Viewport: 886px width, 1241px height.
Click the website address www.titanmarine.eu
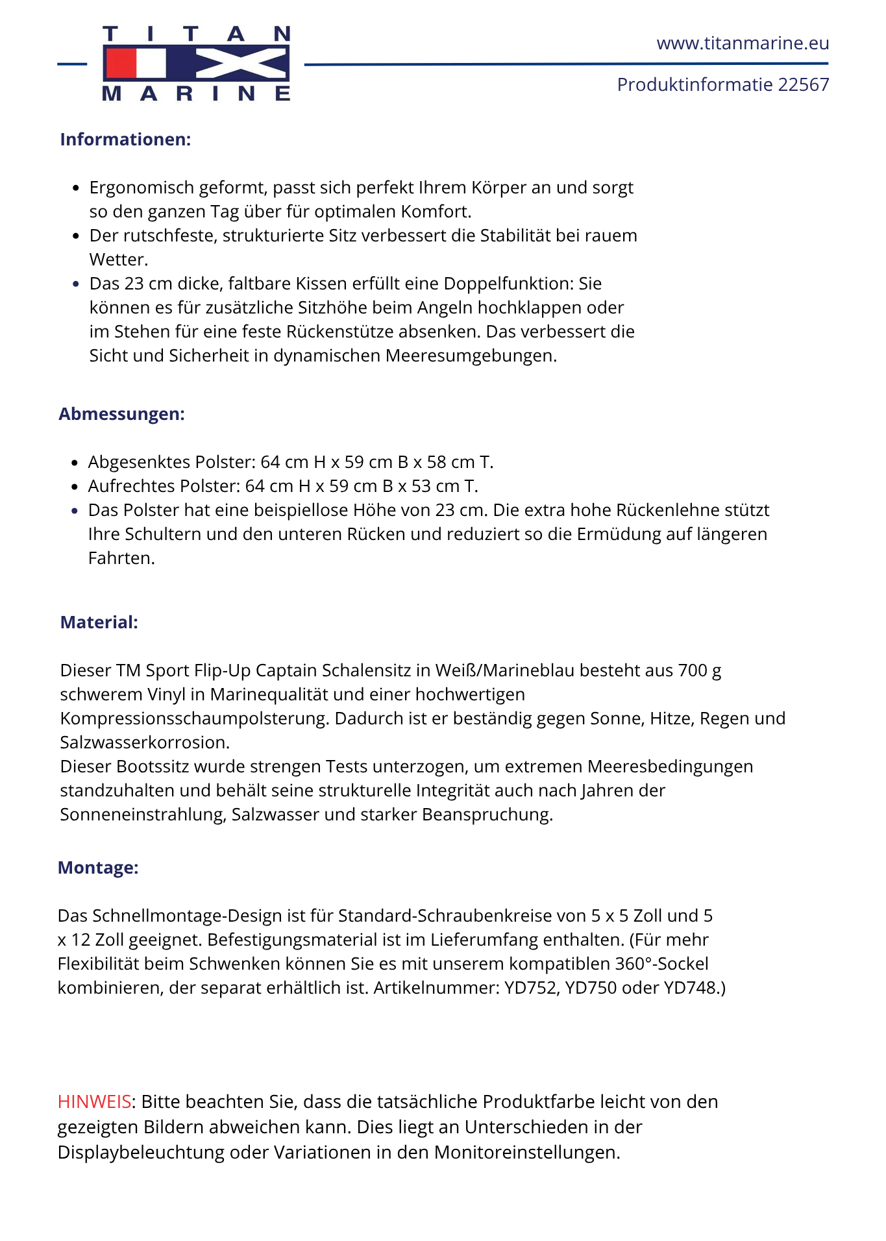[x=743, y=43]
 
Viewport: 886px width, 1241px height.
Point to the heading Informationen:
[x=125, y=140]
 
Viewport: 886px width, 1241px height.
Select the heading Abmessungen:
[x=122, y=414]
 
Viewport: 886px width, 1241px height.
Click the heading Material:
[x=99, y=622]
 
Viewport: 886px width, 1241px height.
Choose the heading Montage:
[x=98, y=868]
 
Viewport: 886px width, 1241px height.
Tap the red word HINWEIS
[x=95, y=1101]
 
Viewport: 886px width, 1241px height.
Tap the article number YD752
[x=532, y=988]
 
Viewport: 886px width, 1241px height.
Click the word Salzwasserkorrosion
[x=145, y=743]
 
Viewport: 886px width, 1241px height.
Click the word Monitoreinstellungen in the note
[x=527, y=1152]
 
